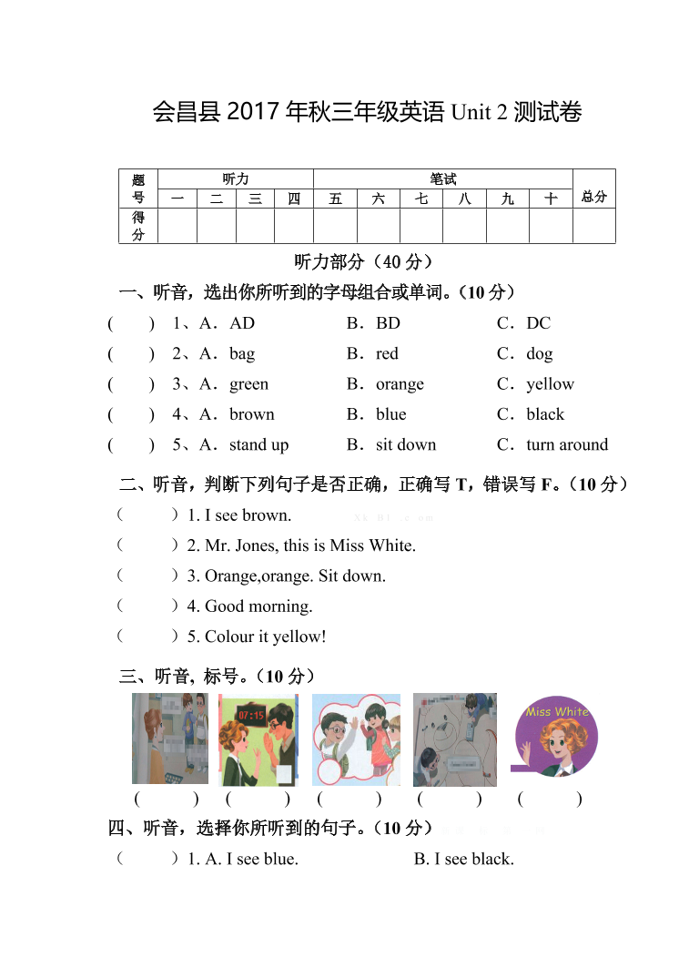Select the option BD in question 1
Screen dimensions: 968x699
pos(388,323)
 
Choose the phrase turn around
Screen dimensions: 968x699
pos(567,445)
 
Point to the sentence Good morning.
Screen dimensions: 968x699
pos(258,606)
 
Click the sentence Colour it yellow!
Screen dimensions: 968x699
pos(265,637)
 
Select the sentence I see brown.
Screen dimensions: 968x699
pos(248,515)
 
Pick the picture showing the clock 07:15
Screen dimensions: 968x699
pos(258,739)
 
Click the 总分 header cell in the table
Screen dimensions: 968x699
pos(593,197)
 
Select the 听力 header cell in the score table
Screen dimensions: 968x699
pos(236,179)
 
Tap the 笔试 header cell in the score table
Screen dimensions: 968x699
pos(442,179)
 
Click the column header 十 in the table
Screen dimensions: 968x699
pos(551,199)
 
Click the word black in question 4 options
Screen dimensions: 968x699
pos(545,414)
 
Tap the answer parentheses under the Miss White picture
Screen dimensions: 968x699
pos(549,800)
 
